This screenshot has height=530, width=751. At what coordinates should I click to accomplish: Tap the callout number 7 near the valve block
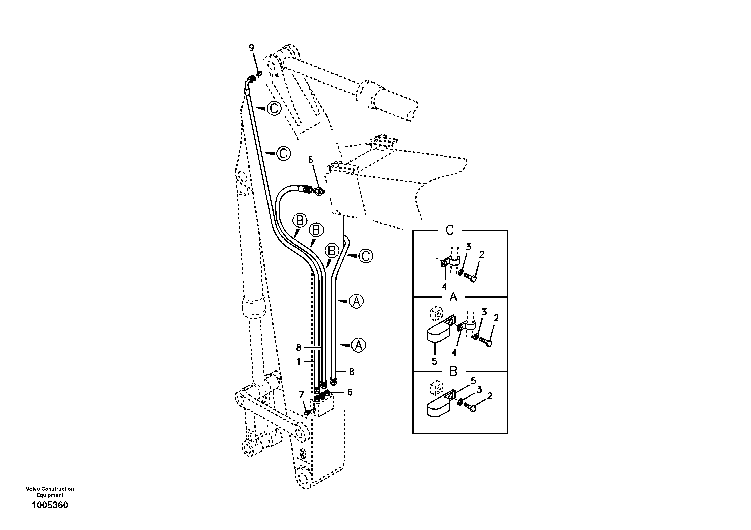(x=302, y=395)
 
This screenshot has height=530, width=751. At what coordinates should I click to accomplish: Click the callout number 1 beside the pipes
(x=298, y=361)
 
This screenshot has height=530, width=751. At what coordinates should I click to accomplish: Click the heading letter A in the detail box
(x=453, y=297)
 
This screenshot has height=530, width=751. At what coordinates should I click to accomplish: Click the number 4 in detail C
(x=444, y=287)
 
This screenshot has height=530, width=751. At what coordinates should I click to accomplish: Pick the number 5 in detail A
(x=434, y=361)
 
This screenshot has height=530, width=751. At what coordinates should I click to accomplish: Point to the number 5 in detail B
(x=473, y=381)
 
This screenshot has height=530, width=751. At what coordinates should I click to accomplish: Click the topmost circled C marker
(x=274, y=108)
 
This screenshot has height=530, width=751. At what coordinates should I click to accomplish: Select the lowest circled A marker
(x=359, y=345)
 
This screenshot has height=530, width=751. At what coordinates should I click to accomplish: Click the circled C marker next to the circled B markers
(x=366, y=256)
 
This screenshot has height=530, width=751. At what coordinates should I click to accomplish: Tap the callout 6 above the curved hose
(x=310, y=160)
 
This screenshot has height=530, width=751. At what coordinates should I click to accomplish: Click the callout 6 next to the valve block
(x=350, y=392)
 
